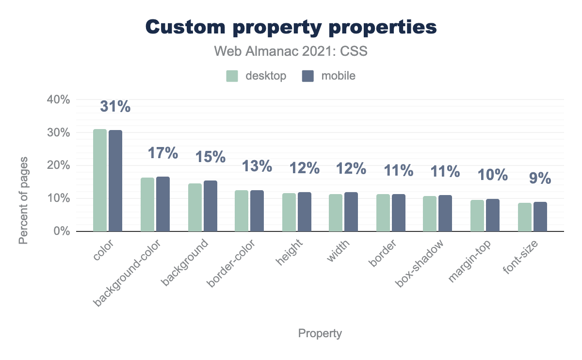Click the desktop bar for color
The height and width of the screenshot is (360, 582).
pos(100,180)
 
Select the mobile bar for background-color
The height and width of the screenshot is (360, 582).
pos(163,204)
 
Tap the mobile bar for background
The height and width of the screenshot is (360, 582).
pos(210,206)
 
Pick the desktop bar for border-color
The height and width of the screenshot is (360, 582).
pos(242,211)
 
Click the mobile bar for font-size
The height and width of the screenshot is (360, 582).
pos(540,217)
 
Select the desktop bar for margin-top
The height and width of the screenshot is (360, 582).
pos(477,216)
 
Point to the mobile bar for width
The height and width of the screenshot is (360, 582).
pos(351,212)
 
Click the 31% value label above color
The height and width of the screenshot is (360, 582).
pos(115,107)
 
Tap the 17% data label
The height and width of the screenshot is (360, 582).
pos(162,153)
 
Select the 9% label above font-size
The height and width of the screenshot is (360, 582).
pos(540,179)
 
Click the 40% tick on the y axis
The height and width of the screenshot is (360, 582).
pos(59,99)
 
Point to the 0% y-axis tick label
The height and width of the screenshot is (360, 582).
pos(62,231)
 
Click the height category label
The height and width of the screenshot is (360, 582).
pos(289,252)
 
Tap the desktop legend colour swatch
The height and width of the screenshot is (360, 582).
pos(232,76)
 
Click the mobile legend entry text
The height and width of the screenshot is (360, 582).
pos(339,76)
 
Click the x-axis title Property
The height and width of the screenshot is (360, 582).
pos(320,333)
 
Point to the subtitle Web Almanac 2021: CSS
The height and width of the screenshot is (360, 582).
pos(291,51)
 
